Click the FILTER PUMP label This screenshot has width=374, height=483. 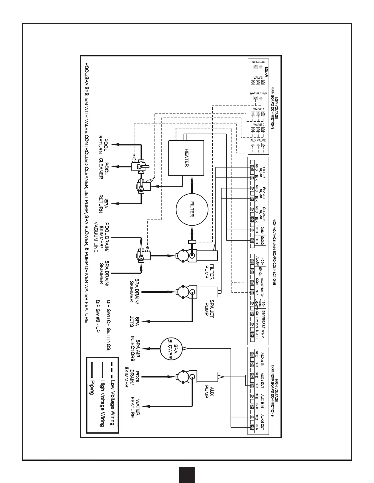pos(209,271)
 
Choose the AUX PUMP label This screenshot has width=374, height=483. pos(209,391)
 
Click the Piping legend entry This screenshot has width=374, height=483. pos(91,387)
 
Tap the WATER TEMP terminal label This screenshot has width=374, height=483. pos(258,93)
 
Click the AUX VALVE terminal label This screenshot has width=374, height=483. pos(258,140)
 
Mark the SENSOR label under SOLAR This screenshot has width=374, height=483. pos(258,62)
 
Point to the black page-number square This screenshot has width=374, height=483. pos(187,475)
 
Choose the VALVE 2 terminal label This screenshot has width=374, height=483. pos(258,125)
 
